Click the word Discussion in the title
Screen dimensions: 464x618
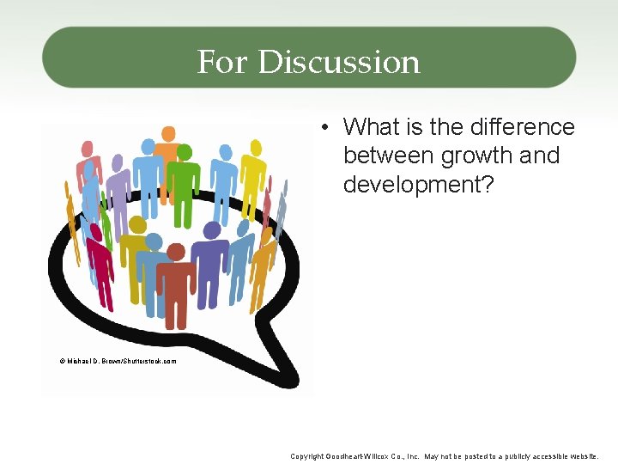coord(339,62)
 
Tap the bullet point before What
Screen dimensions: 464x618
coord(327,128)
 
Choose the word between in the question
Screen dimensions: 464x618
coord(389,156)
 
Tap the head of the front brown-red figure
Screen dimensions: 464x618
coord(176,252)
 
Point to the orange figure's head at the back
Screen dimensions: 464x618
coord(169,133)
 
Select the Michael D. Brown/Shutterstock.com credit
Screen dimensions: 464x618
coord(118,361)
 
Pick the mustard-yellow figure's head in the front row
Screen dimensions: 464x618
coord(136,225)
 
